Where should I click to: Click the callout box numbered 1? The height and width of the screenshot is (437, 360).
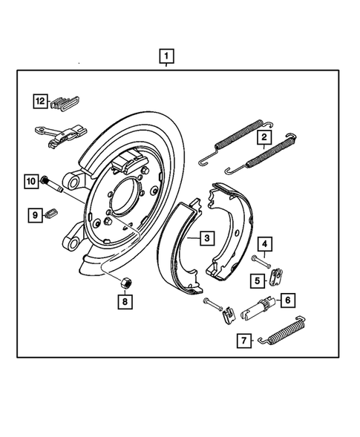pos(167,56)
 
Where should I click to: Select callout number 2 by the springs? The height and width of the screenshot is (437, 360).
pos(264,137)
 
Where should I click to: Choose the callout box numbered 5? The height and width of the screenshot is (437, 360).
pos(258,280)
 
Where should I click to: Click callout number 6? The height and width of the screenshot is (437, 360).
pos(287,300)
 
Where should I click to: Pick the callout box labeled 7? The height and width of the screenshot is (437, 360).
pos(243,341)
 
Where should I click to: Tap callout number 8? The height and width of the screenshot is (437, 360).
pos(125,302)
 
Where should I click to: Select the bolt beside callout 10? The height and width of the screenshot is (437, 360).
pos(50,181)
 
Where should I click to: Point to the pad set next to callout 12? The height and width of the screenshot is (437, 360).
pos(69,102)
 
